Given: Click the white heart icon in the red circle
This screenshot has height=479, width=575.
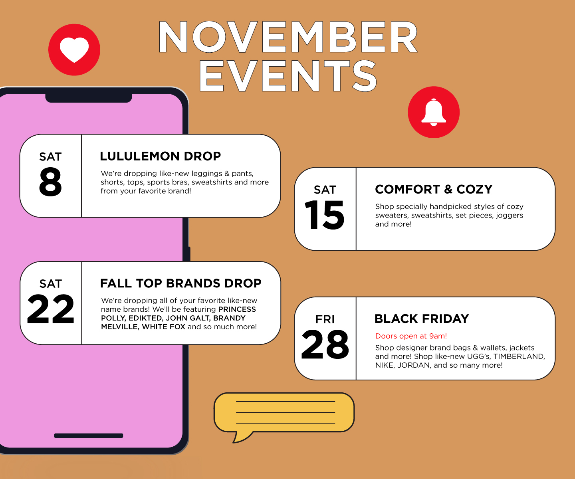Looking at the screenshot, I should (74, 50).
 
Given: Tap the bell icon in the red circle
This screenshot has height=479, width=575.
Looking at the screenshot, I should (434, 112).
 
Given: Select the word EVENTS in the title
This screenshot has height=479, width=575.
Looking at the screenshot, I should (288, 76).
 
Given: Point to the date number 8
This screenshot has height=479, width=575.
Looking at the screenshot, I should (50, 182).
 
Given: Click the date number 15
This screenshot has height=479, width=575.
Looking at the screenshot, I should (325, 216).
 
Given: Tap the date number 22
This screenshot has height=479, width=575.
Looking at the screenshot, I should (51, 309).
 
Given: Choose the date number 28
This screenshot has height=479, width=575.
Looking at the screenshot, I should (325, 344).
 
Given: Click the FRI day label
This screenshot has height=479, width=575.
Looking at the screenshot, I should (325, 319).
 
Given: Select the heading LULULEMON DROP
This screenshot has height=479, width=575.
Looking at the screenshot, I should (160, 156).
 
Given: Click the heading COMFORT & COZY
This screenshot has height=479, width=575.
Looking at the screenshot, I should (434, 189).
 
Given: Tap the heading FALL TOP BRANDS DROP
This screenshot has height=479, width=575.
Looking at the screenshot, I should (180, 283).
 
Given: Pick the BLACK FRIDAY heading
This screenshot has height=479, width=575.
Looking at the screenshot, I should (422, 319).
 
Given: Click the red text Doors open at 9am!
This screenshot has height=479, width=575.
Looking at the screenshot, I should (411, 336).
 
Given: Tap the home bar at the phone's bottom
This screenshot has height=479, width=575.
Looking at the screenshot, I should (89, 435).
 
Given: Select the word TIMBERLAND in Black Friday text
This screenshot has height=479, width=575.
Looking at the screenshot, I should (519, 356).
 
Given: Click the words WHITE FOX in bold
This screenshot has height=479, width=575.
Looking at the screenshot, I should (164, 327).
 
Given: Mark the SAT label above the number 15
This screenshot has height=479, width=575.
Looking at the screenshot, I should (325, 190).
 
